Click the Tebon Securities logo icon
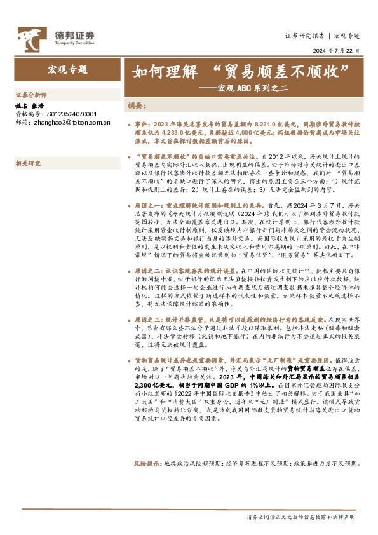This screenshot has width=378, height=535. tap(30, 38)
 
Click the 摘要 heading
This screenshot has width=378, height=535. tap(137, 105)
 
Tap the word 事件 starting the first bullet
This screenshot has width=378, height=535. tap(143, 120)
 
